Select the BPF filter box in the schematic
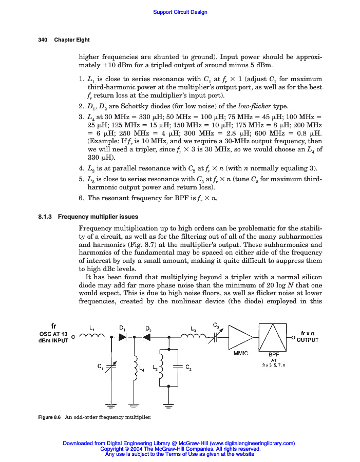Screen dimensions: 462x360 pos(274,337)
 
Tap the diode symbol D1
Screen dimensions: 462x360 pos(123,337)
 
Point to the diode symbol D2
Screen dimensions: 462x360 pos(146,337)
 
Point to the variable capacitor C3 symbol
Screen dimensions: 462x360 pos(217,337)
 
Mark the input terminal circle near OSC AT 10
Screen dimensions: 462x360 pos(73,337)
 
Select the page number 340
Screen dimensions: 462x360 pos(43,40)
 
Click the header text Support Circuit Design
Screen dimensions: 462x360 pos(180,12)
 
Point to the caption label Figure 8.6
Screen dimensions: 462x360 pos(50,417)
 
